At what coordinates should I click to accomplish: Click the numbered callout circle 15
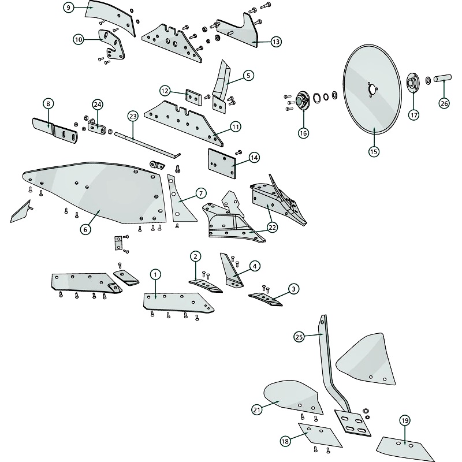point(374,152)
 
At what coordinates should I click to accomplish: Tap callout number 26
point(444,103)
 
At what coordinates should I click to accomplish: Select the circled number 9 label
point(69,8)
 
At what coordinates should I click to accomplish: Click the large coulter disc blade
point(372,90)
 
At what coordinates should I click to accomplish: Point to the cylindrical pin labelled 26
point(442,79)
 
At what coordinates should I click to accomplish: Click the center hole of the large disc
point(372,88)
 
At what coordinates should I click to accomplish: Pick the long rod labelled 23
point(147,145)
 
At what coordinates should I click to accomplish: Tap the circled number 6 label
point(85,229)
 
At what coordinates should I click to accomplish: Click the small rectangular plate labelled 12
point(193,96)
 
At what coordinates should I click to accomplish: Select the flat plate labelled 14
point(222,163)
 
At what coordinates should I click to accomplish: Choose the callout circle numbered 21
point(257,409)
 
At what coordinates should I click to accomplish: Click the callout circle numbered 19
point(405,420)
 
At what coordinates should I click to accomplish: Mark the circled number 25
point(299,337)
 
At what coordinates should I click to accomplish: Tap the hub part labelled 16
point(303,101)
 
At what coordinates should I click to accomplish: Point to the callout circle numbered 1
point(155,275)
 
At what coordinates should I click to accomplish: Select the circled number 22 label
point(272,227)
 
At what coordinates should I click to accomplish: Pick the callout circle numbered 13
point(276,42)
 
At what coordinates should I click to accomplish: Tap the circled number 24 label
point(98,105)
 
